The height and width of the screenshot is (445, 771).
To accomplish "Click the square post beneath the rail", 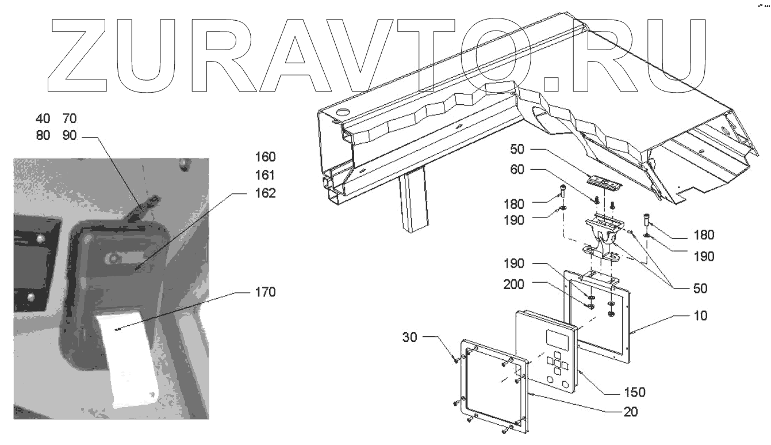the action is point(413,202).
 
